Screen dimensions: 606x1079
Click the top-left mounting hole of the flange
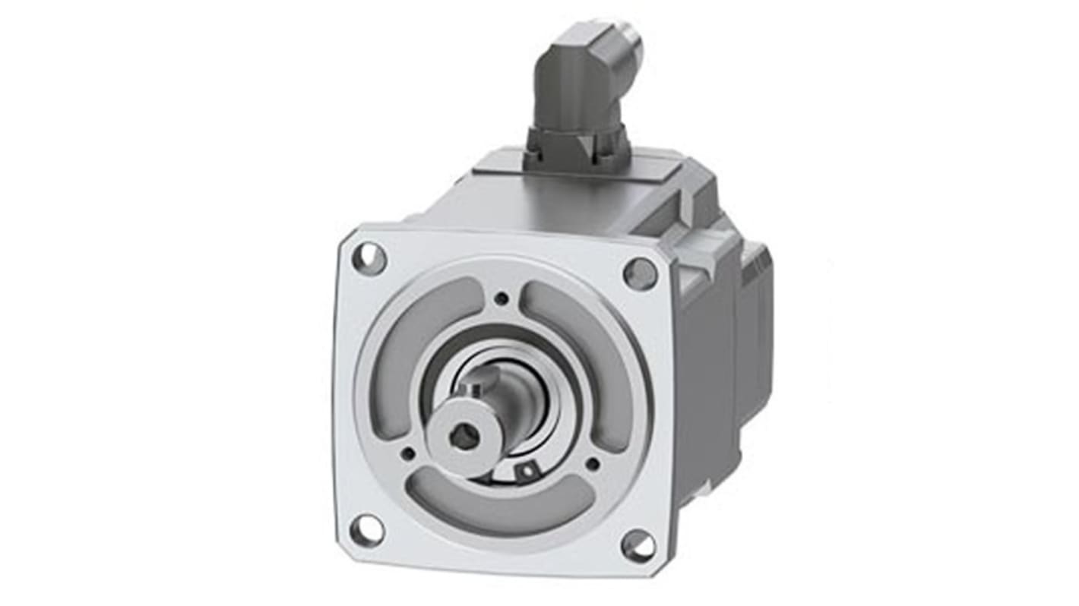pyautogui.click(x=369, y=259)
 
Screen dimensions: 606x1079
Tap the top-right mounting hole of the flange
pyautogui.click(x=640, y=273)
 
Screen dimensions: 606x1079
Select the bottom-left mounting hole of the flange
pyautogui.click(x=367, y=530)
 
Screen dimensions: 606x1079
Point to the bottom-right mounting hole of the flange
pyautogui.click(x=638, y=545)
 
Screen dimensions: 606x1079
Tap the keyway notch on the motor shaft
pyautogui.click(x=473, y=392)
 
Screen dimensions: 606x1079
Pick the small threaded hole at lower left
pyautogui.click(x=408, y=454)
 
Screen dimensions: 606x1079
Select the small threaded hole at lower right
pyautogui.click(x=592, y=463)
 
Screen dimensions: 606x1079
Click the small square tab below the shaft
pyautogui.click(x=524, y=472)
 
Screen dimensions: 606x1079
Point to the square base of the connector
pyautogui.click(x=577, y=147)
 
